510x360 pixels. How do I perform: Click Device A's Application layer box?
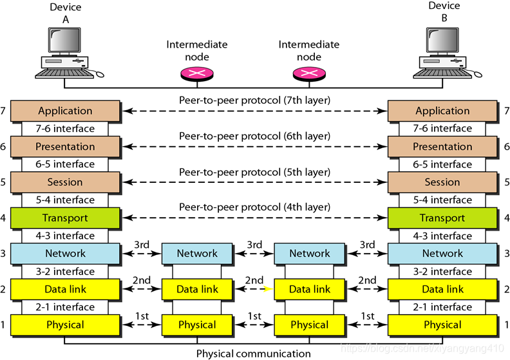click(66, 111)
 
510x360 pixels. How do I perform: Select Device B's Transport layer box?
click(442, 218)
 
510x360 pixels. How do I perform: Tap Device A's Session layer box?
click(66, 182)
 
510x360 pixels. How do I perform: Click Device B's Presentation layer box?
click(442, 146)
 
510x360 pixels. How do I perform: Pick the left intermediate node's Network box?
click(197, 254)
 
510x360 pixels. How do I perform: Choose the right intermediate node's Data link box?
click(309, 289)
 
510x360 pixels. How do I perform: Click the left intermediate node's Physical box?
click(197, 325)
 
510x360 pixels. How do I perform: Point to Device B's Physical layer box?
click(442, 325)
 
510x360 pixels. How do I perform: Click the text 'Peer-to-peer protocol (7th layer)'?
click(254, 100)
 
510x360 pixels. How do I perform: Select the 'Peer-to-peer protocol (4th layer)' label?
click(254, 207)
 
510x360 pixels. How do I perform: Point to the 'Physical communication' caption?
click(253, 353)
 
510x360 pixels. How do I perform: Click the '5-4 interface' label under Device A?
click(66, 200)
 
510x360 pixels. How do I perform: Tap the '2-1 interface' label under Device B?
click(442, 307)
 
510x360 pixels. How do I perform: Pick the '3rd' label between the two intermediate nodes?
click(254, 245)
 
